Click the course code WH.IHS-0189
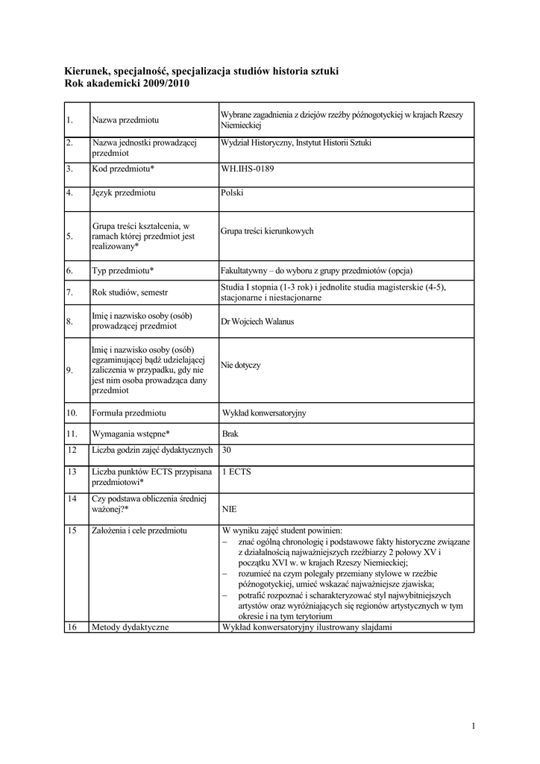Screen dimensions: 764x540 coord(248,169)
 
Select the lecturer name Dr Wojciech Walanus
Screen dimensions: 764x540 coord(257,322)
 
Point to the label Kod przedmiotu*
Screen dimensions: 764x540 coord(123,169)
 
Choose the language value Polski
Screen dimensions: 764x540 coord(232,193)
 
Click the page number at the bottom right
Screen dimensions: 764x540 coord(474,725)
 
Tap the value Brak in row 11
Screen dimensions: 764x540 coord(230,433)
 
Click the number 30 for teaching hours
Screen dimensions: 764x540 coord(227,450)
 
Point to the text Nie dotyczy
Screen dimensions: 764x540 coord(241,366)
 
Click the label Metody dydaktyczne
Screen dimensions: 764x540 coord(131,627)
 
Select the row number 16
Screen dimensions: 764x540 coord(72,627)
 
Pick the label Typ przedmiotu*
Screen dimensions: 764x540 coord(123,270)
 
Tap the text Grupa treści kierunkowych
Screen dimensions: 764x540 coord(267,231)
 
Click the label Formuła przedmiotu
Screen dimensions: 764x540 coord(128,413)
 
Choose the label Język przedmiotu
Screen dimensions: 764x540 coord(123,193)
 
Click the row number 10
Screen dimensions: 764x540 coord(72,413)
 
